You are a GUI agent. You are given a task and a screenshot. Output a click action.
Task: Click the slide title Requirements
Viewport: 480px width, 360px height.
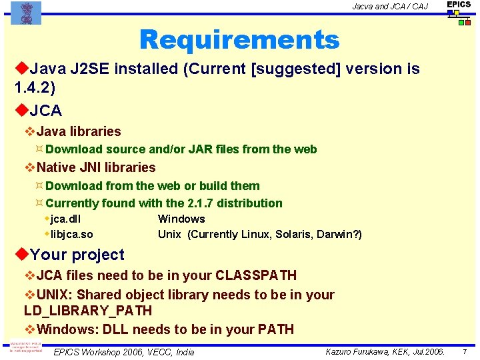click(x=239, y=40)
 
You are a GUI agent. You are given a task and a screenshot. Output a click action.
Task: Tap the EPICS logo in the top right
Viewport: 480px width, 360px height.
click(x=459, y=12)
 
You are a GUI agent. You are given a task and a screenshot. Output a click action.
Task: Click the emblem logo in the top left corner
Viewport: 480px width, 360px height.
click(x=26, y=13)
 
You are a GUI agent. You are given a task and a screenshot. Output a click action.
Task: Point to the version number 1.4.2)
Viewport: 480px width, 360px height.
click(x=34, y=87)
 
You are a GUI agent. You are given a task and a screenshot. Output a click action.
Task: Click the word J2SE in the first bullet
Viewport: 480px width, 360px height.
click(x=85, y=69)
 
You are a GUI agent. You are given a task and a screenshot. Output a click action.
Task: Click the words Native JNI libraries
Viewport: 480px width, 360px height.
click(x=96, y=168)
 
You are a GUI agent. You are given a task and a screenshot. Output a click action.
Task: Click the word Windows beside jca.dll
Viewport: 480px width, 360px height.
click(x=181, y=219)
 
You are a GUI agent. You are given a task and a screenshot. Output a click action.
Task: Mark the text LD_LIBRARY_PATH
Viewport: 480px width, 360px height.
click(x=88, y=311)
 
